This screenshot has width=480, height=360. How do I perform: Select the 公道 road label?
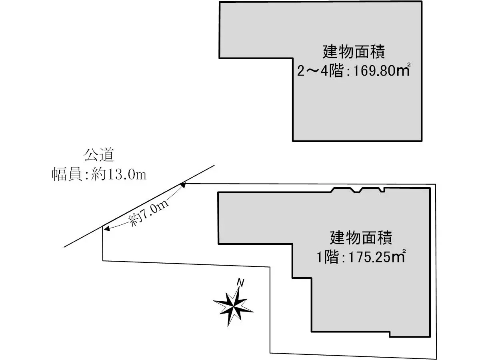coord(99,154)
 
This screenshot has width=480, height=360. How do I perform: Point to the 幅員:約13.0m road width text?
coord(99,174)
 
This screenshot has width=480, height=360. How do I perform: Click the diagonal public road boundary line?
coord(140,206)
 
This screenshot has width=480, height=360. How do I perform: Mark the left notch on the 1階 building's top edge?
coord(343,190)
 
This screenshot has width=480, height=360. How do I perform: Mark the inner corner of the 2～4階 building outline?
coord(293,58)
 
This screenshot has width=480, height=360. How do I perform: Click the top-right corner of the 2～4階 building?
coord(422,2)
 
